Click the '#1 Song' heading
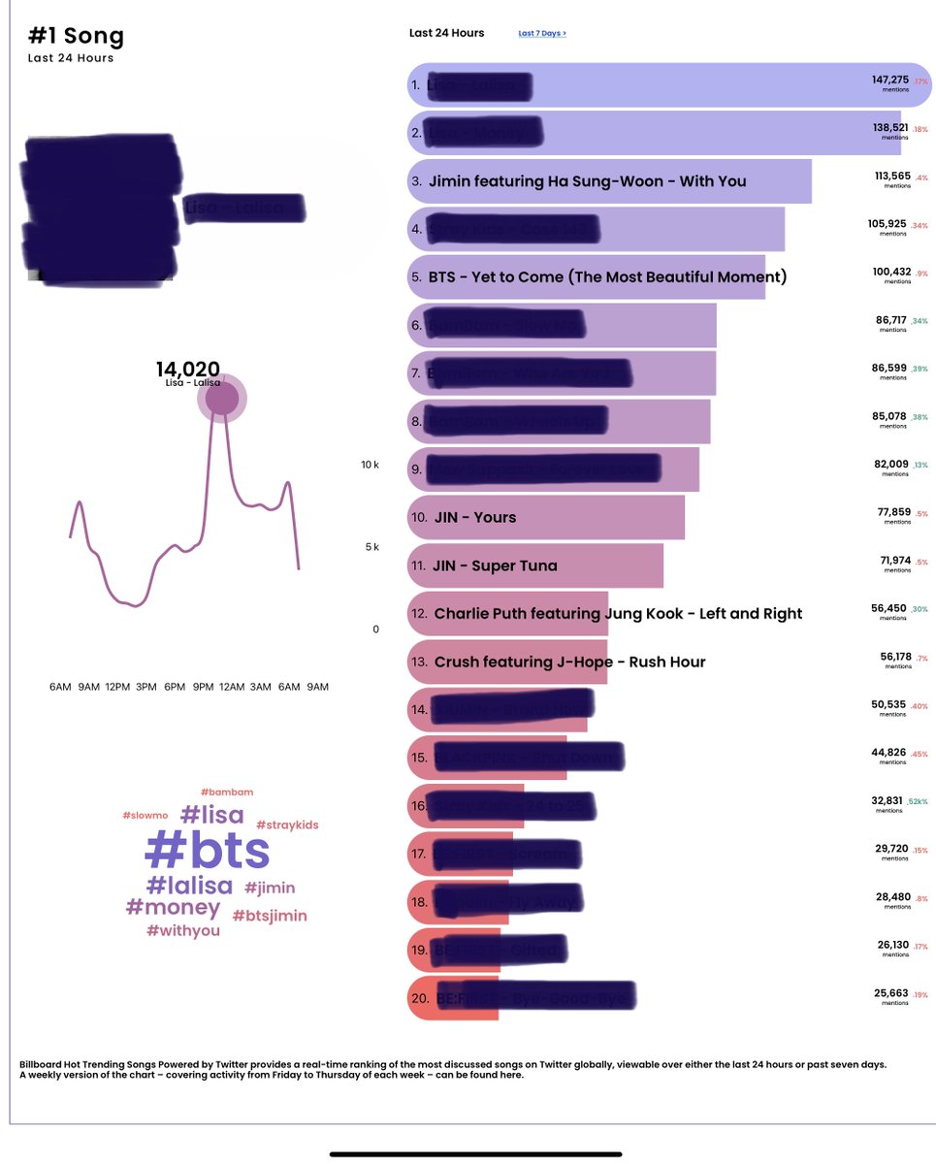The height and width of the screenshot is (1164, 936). coord(77,38)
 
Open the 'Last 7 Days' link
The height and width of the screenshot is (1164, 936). coord(541,33)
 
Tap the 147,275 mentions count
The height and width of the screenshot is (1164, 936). coord(889,80)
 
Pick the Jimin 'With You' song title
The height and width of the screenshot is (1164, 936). coord(587,181)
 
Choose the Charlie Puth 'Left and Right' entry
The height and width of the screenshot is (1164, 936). coord(618,614)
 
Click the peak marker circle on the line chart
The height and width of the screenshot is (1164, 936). coord(222,399)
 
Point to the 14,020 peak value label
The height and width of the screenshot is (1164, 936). coord(188,369)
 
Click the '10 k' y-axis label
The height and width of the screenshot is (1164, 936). coord(370,466)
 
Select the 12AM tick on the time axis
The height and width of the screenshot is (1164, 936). coord(232,688)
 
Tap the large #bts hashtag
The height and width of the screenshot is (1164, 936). coord(207,851)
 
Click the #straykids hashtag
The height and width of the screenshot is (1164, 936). coord(286,825)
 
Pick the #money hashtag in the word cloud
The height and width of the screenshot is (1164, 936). coord(173,908)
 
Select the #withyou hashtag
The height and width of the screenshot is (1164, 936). coord(182,931)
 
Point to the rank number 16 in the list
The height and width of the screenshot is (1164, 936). coord(419,806)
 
